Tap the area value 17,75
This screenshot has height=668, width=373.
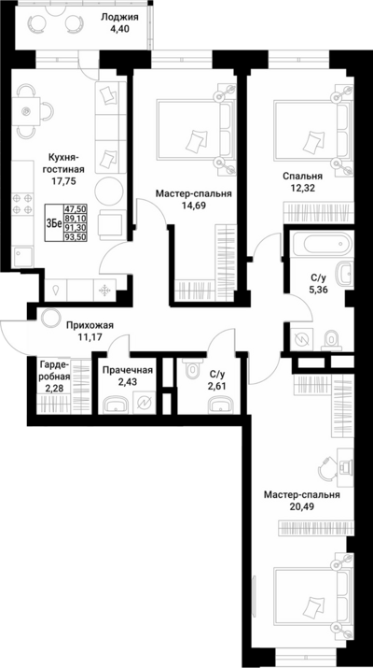coord(65,180)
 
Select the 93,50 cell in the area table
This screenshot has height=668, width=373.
coord(75,237)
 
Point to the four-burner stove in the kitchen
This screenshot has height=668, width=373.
coord(22,204)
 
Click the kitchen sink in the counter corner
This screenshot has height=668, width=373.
coord(22,257)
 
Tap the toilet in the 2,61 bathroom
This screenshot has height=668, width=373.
coord(194,367)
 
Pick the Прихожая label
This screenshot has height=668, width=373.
coord(90,326)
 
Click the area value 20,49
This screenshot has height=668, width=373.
coord(301,506)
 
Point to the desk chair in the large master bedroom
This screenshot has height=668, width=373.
coord(327,468)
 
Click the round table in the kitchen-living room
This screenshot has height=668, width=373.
coord(109,191)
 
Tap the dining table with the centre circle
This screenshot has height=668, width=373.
coord(26,111)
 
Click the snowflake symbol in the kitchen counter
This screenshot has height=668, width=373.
coord(104,291)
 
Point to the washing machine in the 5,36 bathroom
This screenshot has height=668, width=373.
coord(304,339)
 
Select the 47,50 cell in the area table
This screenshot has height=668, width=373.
coord(75,209)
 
